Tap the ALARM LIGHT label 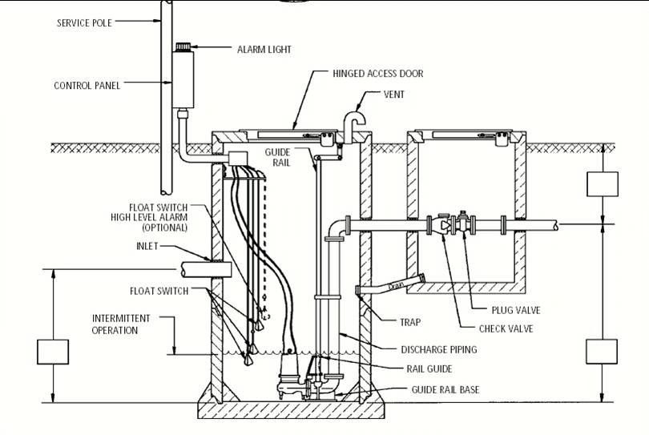pyautogui.click(x=264, y=50)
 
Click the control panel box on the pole pyautogui.click(x=182, y=80)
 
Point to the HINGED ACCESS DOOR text pyautogui.click(x=377, y=74)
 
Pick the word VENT pyautogui.click(x=393, y=95)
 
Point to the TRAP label pyautogui.click(x=410, y=322)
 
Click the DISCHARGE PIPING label pyautogui.click(x=438, y=349)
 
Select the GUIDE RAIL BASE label pyautogui.click(x=446, y=389)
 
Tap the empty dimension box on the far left pyautogui.click(x=53, y=352)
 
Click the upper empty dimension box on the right pyautogui.click(x=603, y=184)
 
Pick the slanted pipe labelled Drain pyautogui.click(x=391, y=284)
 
